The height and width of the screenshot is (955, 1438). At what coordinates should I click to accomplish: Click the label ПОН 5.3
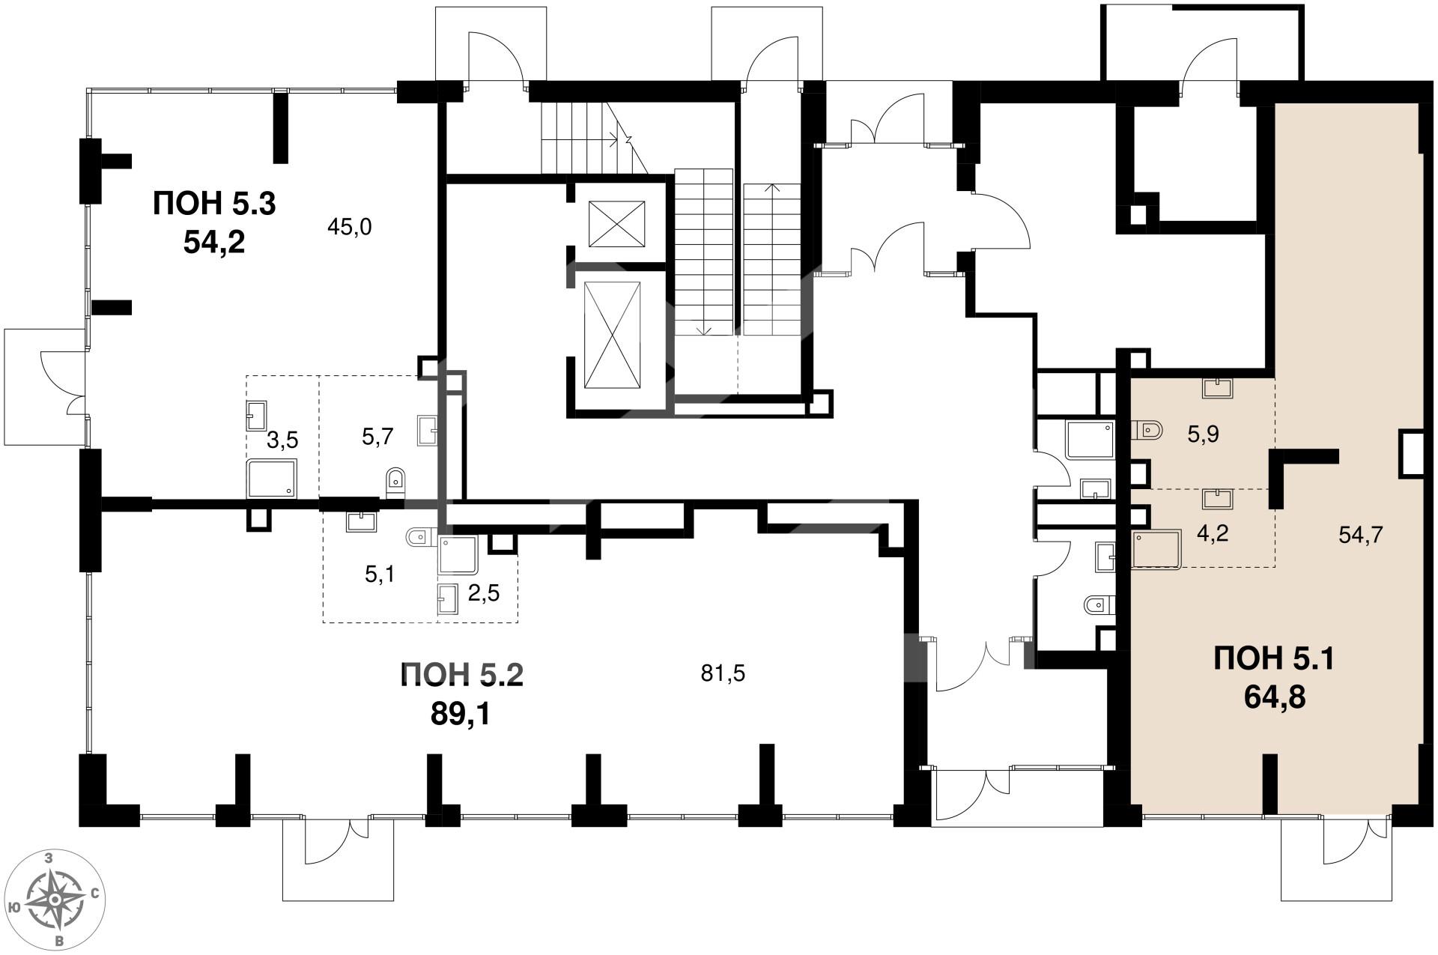214,204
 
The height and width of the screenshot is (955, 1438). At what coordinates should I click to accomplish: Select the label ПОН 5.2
461,676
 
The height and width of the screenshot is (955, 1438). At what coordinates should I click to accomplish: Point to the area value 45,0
350,227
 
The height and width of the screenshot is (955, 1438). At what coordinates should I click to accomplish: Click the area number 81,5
723,674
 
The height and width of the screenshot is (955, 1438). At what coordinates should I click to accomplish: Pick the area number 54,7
1360,534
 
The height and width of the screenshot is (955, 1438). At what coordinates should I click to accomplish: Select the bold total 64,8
1275,697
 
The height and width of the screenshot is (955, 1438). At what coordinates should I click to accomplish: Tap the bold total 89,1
461,715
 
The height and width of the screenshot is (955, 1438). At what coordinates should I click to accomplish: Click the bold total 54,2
214,243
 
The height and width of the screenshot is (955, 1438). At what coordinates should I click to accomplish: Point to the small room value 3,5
282,441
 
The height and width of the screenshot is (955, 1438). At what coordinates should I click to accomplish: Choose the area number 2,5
483,594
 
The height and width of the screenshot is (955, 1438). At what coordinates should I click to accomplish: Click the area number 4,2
1213,534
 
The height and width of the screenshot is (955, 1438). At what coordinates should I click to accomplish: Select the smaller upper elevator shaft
617,223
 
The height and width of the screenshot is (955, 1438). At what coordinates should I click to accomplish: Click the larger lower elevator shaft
612,336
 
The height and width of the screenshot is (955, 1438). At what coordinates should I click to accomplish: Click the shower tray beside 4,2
1156,551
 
